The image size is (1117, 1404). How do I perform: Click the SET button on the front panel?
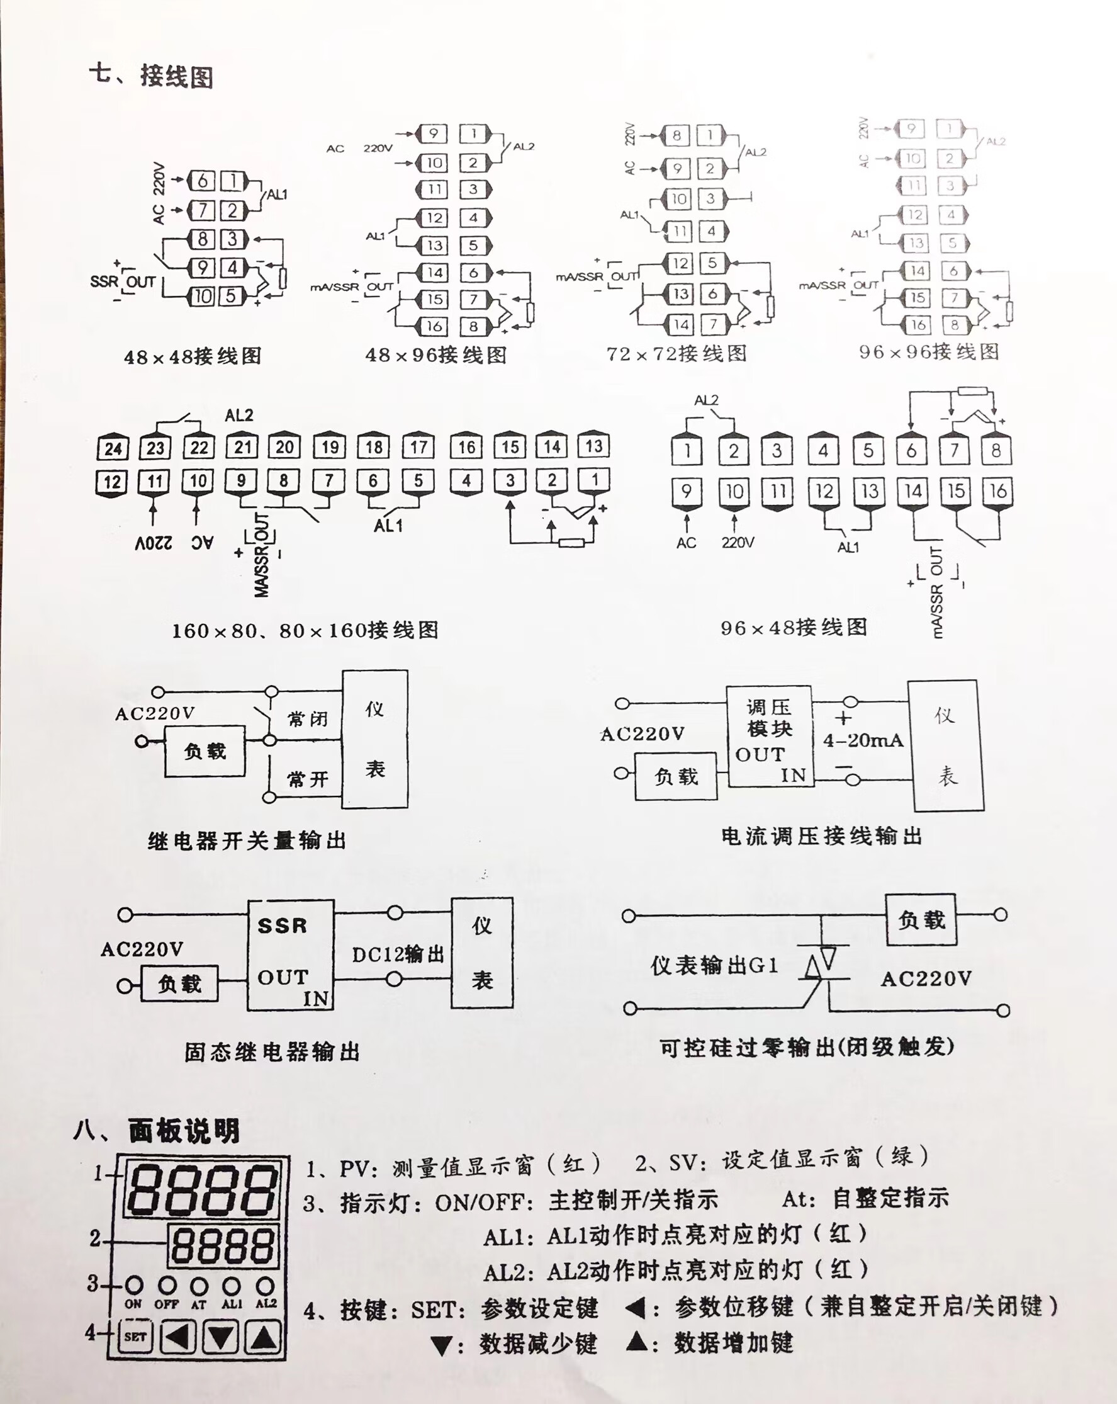135,1337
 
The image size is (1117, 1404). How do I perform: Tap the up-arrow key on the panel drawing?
264,1337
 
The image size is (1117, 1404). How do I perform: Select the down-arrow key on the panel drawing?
221,1337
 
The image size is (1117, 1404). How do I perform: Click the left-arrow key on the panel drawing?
177,1337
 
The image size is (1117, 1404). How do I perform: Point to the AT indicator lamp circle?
199,1286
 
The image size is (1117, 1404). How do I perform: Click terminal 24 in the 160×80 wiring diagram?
113,448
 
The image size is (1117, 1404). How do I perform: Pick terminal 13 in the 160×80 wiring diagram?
593,446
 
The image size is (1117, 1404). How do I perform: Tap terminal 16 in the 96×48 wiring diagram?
997,491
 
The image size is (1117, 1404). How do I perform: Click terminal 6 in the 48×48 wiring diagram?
203,181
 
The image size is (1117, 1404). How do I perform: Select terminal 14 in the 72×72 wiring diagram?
681,324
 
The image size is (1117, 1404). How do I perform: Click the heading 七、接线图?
151,76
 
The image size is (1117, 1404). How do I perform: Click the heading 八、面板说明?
157,1131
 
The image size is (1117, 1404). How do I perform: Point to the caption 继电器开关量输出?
247,841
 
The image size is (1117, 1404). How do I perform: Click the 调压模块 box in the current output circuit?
770,736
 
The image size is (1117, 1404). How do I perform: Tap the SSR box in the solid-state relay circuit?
290,954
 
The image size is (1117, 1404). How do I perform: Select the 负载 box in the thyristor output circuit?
921,919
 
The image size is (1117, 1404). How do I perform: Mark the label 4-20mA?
863,740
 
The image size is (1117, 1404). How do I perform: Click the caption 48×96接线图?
435,355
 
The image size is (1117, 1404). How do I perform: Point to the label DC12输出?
398,954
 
